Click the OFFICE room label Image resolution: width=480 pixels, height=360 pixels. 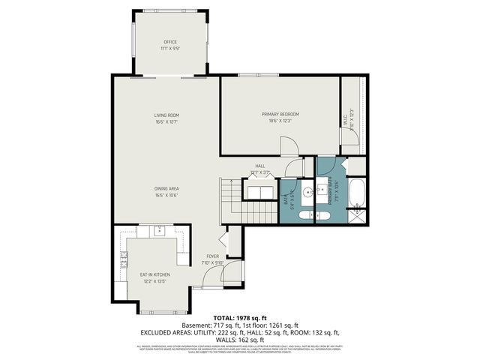click(x=169, y=42)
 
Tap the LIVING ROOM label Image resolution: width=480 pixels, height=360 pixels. click(x=166, y=115)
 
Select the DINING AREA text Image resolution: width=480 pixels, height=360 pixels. click(x=166, y=188)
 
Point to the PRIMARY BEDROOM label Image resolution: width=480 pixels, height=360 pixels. click(x=279, y=114)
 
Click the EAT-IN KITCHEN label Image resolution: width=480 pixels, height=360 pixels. click(x=155, y=274)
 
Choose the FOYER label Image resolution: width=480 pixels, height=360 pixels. click(x=213, y=256)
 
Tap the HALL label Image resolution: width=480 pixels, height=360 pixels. click(x=260, y=166)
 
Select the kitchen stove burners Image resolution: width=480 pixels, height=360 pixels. click(x=123, y=262)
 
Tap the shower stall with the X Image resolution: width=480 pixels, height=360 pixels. click(x=358, y=215)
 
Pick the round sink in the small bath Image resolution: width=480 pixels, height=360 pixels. click(x=307, y=193)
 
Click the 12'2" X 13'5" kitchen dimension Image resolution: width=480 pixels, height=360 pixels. click(x=155, y=281)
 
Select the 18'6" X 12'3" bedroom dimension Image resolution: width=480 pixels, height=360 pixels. click(x=279, y=121)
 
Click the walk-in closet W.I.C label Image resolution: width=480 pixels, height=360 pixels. click(x=346, y=117)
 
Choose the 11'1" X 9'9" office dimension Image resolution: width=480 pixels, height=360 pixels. click(x=169, y=49)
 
